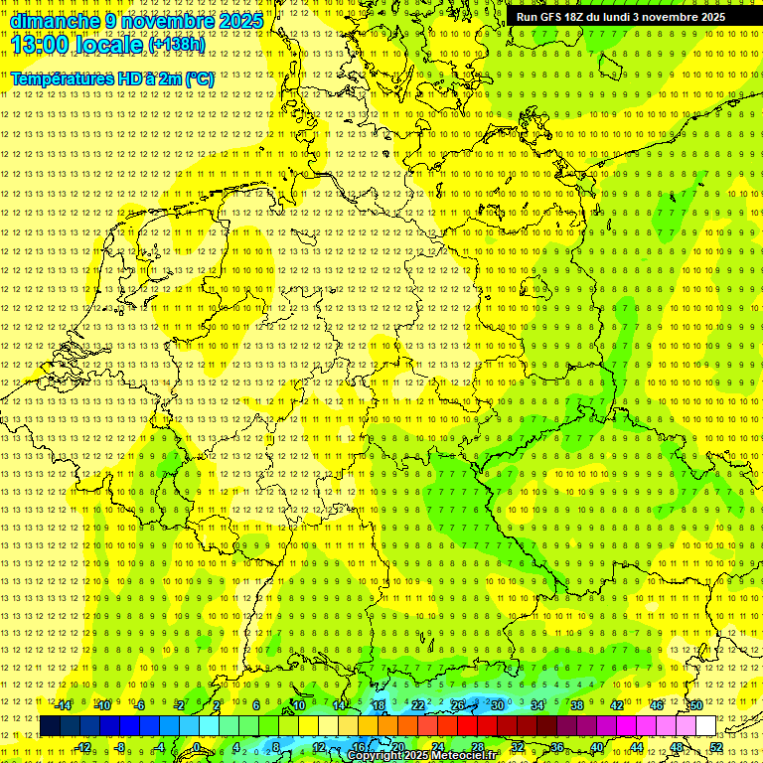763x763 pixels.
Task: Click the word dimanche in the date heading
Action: [x=56, y=21]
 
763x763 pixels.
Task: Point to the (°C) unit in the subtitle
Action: [x=199, y=78]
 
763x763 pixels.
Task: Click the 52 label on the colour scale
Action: [x=716, y=747]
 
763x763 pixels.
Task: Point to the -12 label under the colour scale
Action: [x=83, y=747]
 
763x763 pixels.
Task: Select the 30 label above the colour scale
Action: [x=497, y=705]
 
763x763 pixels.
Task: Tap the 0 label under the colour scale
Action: [x=197, y=747]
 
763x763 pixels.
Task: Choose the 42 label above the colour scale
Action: [x=616, y=705]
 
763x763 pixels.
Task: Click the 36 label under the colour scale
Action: [x=556, y=747]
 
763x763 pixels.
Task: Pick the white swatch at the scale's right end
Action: [x=705, y=726]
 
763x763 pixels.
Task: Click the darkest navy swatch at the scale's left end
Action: [x=50, y=726]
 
